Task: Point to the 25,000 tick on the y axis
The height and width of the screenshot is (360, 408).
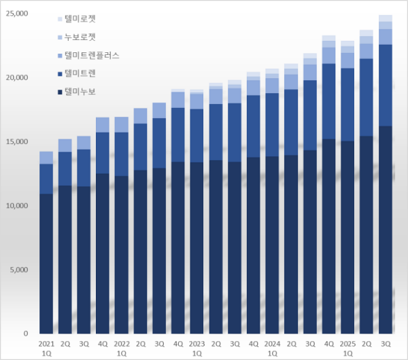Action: [16, 14]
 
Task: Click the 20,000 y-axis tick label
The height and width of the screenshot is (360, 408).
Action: [16, 77]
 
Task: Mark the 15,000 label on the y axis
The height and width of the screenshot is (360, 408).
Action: [16, 141]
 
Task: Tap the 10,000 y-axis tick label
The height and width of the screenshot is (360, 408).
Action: [16, 205]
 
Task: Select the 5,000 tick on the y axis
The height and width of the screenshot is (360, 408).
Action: [18, 270]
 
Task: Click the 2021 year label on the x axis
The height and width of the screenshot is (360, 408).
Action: [46, 344]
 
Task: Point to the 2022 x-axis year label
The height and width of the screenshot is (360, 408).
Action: [122, 344]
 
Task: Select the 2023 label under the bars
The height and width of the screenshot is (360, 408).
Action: [197, 344]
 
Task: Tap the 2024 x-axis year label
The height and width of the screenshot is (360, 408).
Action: [272, 344]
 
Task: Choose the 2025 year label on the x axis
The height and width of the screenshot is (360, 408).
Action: [347, 344]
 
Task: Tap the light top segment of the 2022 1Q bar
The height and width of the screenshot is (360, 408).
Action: [122, 124]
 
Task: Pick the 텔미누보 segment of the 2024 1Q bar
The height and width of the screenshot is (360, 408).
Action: [272, 245]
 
